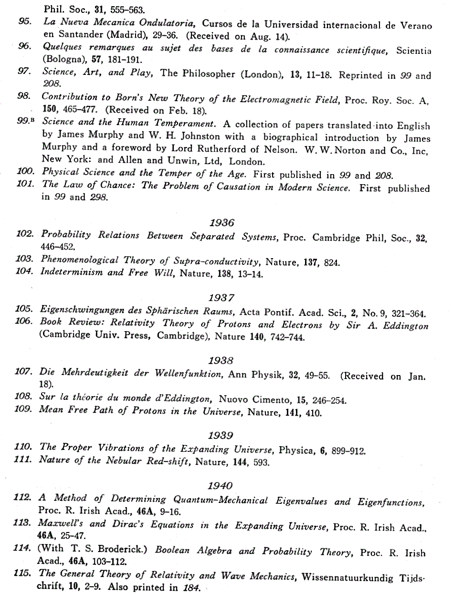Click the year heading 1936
tap(221, 222)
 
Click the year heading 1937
tap(221, 298)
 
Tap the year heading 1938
tap(221, 361)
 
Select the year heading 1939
tap(221, 435)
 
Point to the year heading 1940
tap(221, 486)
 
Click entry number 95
tap(25, 21)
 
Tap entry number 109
tap(23, 410)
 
